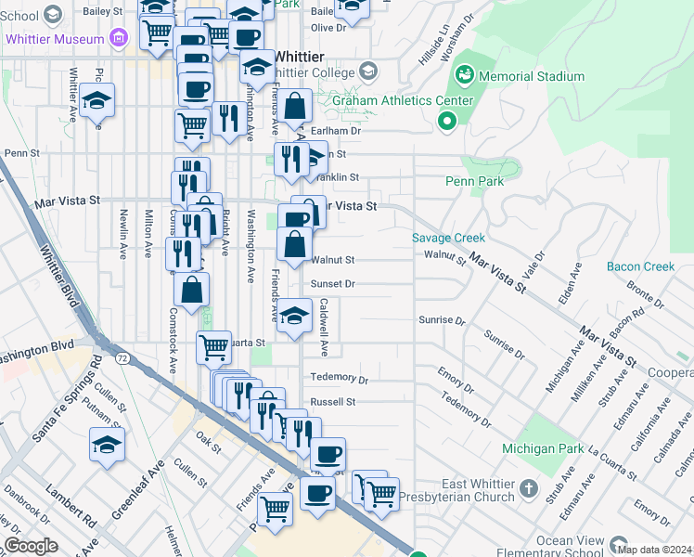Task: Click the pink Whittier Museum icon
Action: tap(118, 38)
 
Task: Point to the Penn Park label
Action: tap(475, 181)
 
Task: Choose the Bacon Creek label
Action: tap(640, 266)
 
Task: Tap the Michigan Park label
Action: tap(544, 448)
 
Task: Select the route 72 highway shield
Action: tap(122, 357)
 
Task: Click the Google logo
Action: tap(31, 545)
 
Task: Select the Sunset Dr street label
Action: tap(333, 284)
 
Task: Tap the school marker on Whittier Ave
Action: tap(96, 100)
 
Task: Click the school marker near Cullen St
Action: tap(108, 444)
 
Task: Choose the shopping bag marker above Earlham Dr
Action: tap(295, 108)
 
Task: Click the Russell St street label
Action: tap(333, 402)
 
